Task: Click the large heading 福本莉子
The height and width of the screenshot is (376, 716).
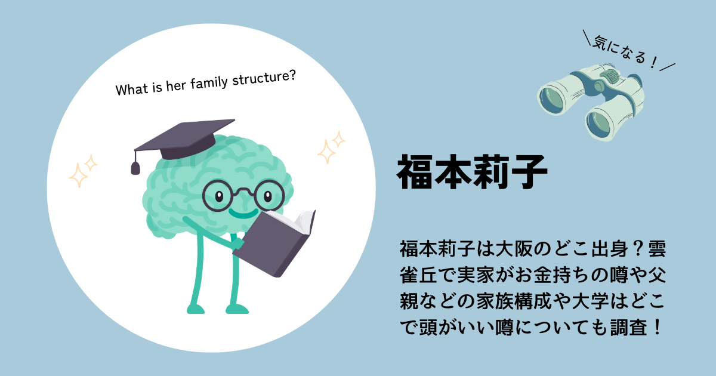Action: [472, 172]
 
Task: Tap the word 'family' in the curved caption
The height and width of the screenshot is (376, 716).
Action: [209, 83]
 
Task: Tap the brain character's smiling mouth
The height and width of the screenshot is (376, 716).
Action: [243, 213]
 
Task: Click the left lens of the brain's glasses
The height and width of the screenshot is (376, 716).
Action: [218, 196]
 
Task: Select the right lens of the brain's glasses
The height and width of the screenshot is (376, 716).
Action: [269, 195]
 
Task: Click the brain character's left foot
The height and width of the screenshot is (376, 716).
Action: [196, 309]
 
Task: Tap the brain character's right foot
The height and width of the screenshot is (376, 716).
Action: [237, 309]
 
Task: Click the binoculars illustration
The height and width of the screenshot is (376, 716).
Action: [591, 102]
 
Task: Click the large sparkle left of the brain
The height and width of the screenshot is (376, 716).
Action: [78, 175]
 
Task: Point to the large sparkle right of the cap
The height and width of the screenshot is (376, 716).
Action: [326, 152]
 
